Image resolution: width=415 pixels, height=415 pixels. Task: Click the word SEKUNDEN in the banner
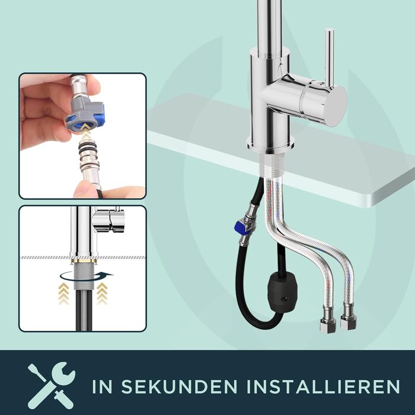pos(179,387)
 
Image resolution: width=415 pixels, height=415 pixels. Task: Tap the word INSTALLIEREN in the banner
pos(324,387)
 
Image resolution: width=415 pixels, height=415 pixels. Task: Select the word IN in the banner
pos(102,387)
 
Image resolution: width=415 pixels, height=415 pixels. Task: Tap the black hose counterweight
pos(282,292)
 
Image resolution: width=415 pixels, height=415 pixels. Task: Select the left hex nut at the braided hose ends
pos(327,325)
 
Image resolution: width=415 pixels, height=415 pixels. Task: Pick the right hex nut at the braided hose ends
pos(349,322)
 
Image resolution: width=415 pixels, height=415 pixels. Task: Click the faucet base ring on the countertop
pos(270,145)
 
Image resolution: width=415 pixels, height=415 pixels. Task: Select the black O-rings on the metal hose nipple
pos(88,148)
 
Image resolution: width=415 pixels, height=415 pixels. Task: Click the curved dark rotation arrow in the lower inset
pos(87,277)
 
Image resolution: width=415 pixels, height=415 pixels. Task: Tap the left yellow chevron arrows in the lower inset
pos(64,293)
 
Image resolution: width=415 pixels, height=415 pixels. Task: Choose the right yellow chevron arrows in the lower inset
pos(102,293)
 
